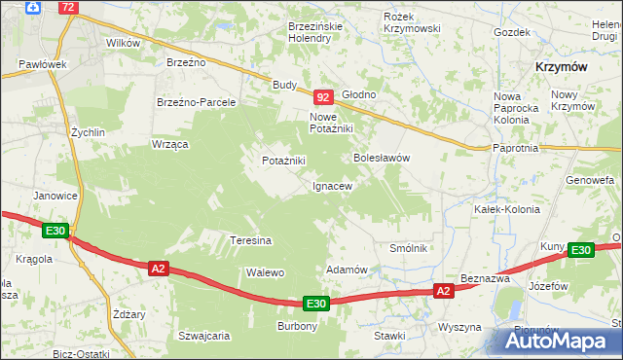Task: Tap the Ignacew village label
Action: [x=331, y=185]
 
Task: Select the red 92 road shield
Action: [x=324, y=97]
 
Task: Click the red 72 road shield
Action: [x=67, y=7]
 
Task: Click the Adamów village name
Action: [x=346, y=269]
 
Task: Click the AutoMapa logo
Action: [x=563, y=341]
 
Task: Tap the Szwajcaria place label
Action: [x=203, y=335]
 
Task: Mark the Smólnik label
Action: [x=409, y=248]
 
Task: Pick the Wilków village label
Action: [x=123, y=43]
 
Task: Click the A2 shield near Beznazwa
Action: [x=443, y=291]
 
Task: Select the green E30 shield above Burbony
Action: [x=314, y=304]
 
